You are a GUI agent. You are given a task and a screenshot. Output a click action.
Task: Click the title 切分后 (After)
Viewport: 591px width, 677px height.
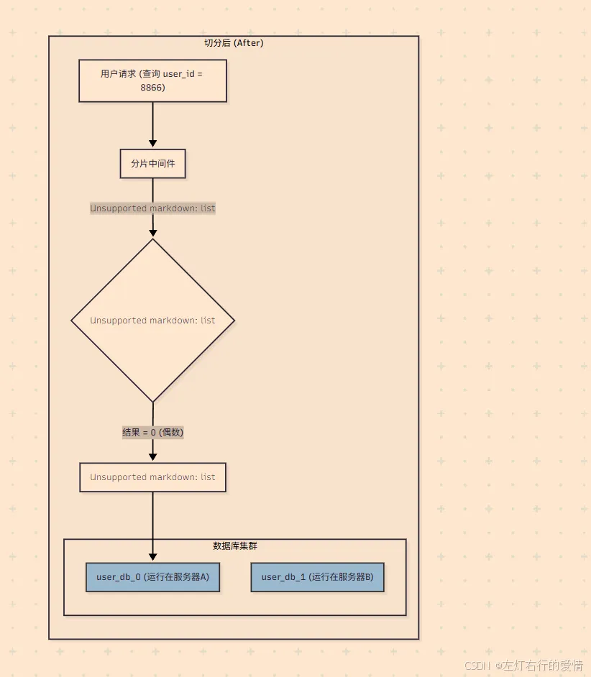pyautogui.click(x=234, y=42)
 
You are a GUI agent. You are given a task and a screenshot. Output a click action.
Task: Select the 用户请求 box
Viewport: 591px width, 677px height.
pyautogui.click(x=152, y=80)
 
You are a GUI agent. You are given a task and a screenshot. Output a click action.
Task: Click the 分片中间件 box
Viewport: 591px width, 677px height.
pyautogui.click(x=152, y=164)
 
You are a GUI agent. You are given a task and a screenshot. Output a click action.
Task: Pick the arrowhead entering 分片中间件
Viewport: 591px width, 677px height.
pyautogui.click(x=152, y=144)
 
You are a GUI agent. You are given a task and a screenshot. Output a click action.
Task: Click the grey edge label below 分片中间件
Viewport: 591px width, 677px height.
pyautogui.click(x=152, y=208)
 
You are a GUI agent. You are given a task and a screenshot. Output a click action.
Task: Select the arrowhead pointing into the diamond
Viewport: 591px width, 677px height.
pyautogui.click(x=152, y=233)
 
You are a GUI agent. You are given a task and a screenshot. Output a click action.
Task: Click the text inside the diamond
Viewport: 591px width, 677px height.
pyautogui.click(x=152, y=321)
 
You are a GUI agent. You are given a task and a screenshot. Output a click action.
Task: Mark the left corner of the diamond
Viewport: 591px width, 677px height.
pyautogui.click(x=71, y=321)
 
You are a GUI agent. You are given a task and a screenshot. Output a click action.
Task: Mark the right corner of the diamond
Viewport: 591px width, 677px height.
pyautogui.click(x=234, y=321)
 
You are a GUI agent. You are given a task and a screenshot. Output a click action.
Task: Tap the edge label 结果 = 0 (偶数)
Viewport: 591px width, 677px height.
pyautogui.click(x=153, y=432)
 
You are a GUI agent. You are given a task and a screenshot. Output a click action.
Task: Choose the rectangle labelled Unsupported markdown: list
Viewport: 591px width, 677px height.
pyautogui.click(x=152, y=477)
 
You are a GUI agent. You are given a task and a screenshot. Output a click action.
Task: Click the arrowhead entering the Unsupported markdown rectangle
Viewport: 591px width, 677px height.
pyautogui.click(x=152, y=457)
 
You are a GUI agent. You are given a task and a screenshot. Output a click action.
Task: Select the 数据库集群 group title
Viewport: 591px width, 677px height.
pyautogui.click(x=235, y=545)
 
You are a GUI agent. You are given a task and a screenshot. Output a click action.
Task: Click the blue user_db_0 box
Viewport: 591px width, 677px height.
pyautogui.click(x=152, y=577)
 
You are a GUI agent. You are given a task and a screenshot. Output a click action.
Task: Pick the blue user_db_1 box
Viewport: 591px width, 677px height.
pyautogui.click(x=318, y=577)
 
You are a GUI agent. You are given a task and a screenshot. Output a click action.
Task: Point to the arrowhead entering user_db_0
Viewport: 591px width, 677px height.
pyautogui.click(x=152, y=558)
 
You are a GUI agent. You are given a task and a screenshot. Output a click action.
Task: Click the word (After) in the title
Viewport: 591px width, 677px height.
pyautogui.click(x=249, y=42)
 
